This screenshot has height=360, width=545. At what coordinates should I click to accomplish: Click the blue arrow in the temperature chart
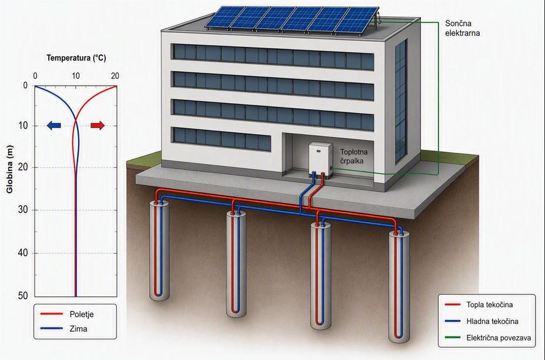[54, 125]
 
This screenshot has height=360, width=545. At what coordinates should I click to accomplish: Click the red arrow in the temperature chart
[98, 125]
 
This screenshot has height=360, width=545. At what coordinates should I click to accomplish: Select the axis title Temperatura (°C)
[76, 58]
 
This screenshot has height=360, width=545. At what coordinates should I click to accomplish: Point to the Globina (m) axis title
[9, 169]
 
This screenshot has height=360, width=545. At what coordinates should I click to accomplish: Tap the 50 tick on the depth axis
[22, 296]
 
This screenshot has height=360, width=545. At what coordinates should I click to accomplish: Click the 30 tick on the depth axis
[22, 210]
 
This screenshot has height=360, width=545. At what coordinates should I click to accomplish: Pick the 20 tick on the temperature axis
[115, 76]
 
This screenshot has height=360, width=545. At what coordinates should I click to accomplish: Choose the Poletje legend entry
[67, 314]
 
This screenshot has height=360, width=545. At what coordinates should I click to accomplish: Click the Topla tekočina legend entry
[479, 305]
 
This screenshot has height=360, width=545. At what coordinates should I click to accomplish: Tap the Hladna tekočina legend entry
[482, 321]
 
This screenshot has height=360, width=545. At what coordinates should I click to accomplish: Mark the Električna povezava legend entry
[488, 338]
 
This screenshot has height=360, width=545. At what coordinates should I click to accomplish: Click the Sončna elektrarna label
[462, 28]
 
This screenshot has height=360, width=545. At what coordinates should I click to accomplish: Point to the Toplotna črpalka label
[354, 156]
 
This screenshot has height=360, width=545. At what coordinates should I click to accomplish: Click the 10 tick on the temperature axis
[76, 76]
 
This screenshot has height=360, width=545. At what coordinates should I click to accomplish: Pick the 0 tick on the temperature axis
[35, 76]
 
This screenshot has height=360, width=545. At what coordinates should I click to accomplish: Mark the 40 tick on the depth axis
[22, 253]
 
